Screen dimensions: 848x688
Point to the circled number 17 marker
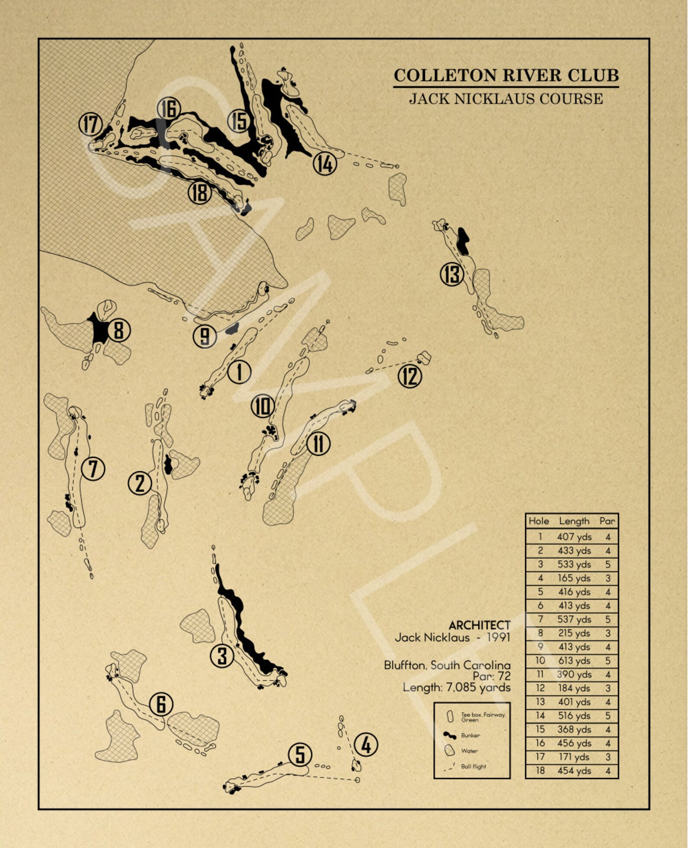click(91, 125)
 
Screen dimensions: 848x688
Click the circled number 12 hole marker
click(409, 375)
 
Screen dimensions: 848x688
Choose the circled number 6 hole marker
click(161, 704)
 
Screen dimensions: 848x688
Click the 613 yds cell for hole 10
click(574, 661)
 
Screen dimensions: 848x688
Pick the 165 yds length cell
click(574, 578)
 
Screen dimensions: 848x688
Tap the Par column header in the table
click(607, 521)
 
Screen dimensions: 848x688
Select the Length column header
click(574, 521)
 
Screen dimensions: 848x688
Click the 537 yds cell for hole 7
click(574, 619)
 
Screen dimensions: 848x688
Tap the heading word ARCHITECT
click(479, 625)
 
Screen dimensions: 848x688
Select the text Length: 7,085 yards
click(457, 687)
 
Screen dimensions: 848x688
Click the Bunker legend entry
click(470, 735)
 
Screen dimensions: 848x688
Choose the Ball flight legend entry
click(473, 766)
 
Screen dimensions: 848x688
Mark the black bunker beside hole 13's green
click(463, 241)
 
